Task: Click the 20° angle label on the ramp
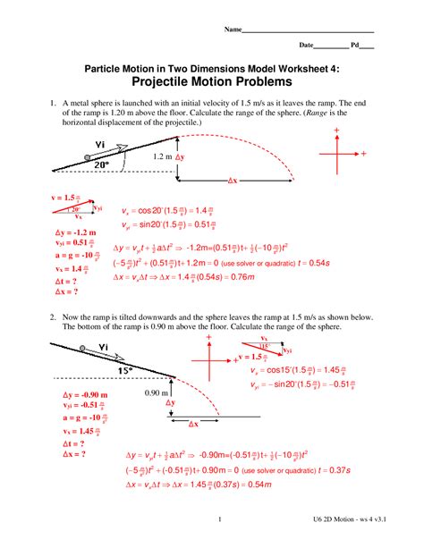coord(102,164)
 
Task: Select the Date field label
coord(306,44)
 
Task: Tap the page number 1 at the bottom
coord(219,518)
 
